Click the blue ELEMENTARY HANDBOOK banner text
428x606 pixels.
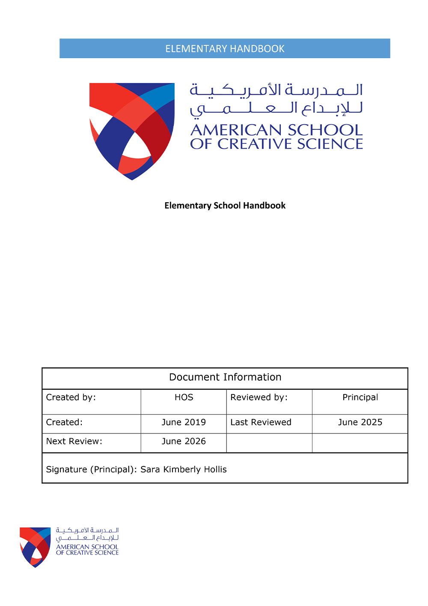pyautogui.click(x=225, y=49)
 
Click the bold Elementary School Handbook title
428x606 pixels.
pyautogui.click(x=225, y=206)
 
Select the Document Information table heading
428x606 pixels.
pyautogui.click(x=225, y=377)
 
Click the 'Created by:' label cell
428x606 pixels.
pyautogui.click(x=71, y=397)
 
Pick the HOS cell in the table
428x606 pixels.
pyautogui.click(x=184, y=397)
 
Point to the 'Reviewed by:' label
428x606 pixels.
pyautogui.click(x=259, y=397)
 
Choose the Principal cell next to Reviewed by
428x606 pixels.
pyautogui.click(x=360, y=397)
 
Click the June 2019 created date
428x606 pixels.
pyautogui.click(x=184, y=422)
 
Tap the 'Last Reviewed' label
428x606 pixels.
pyautogui.click(x=261, y=422)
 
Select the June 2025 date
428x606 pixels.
pyautogui.click(x=360, y=422)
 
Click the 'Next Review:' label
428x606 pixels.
pyautogui.click(x=74, y=442)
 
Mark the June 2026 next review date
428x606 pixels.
pyautogui.click(x=184, y=442)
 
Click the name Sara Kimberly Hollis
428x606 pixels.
pyautogui.click(x=184, y=469)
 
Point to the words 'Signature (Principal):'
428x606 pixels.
pyautogui.click(x=92, y=469)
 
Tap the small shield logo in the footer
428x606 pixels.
pyautogui.click(x=35, y=546)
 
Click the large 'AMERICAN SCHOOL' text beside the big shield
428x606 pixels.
pyautogui.click(x=276, y=130)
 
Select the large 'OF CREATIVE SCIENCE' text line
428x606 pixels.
pyautogui.click(x=276, y=144)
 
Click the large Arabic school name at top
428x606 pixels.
pyautogui.click(x=276, y=99)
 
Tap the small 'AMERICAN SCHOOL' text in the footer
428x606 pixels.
pyautogui.click(x=87, y=547)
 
